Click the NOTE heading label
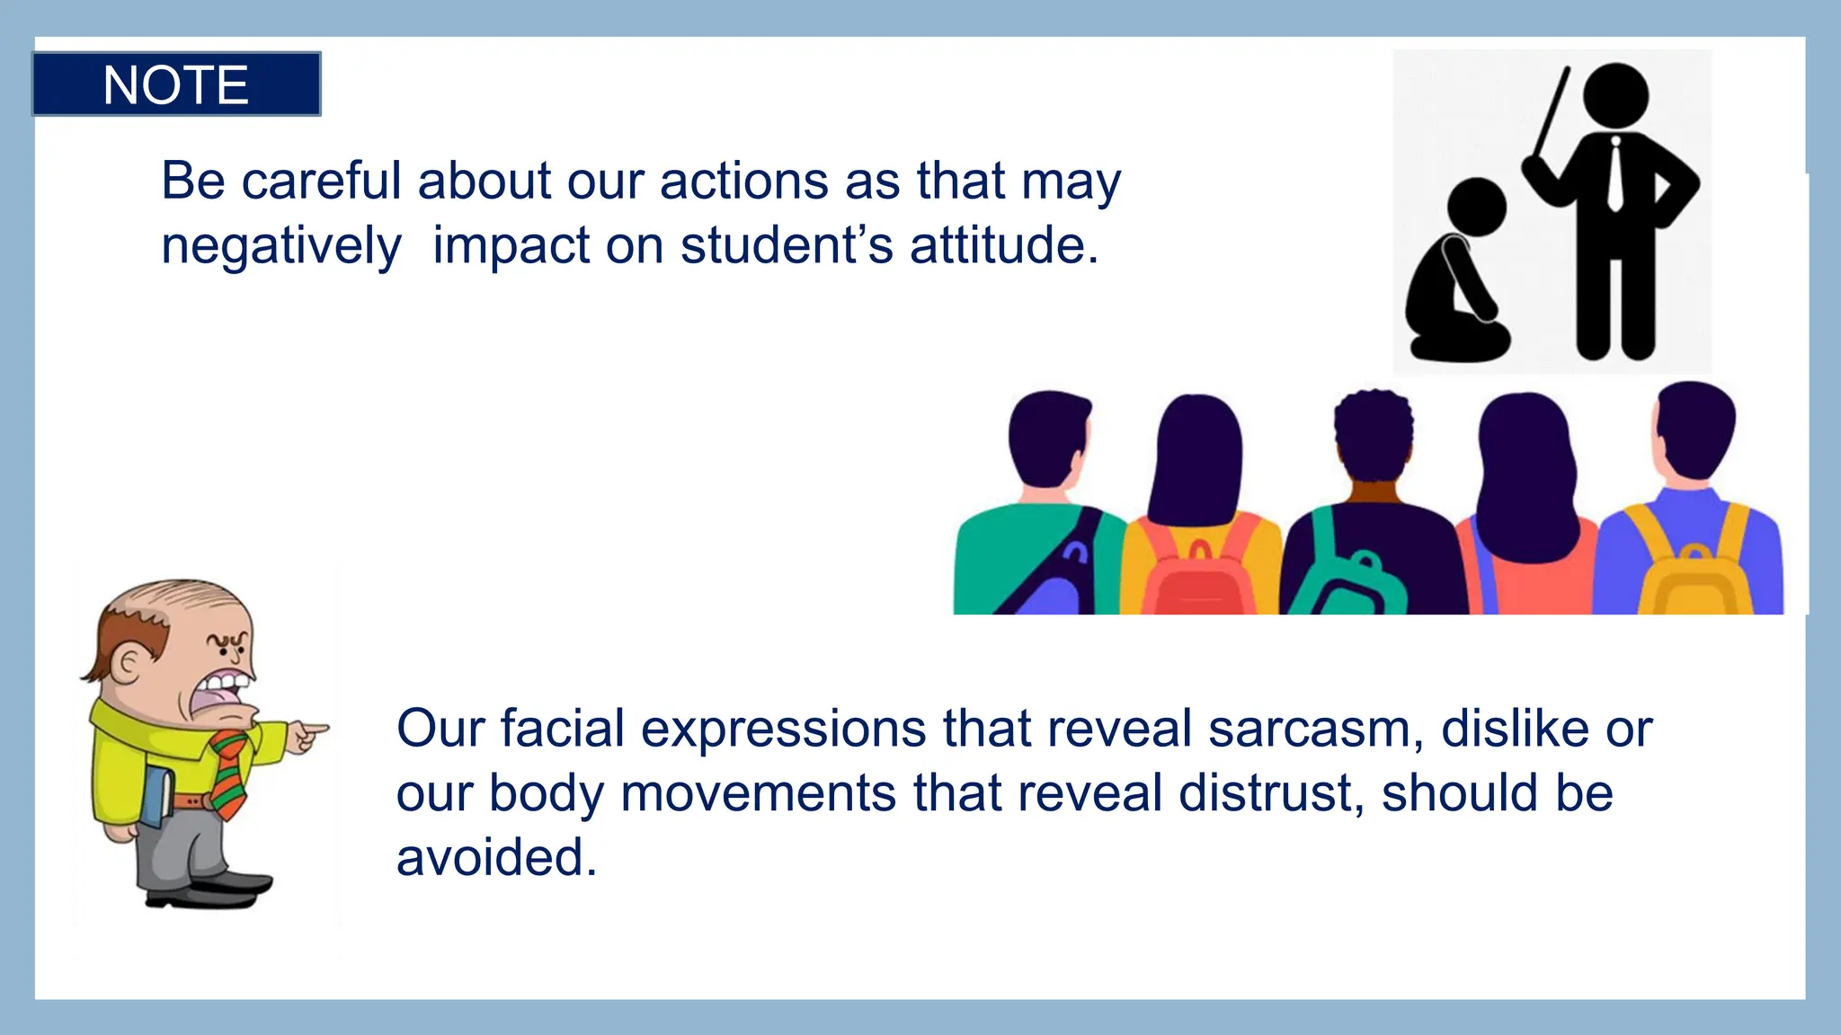176,84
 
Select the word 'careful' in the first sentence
321,181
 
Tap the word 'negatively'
281,245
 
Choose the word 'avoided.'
497,857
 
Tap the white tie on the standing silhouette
1615,175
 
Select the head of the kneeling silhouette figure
1476,207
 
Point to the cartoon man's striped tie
231,773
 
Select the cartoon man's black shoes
211,889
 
